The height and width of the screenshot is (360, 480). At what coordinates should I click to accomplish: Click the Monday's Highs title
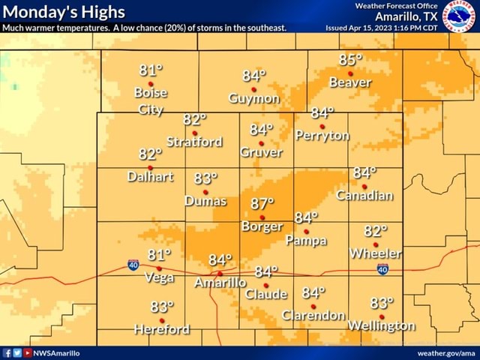point(63,12)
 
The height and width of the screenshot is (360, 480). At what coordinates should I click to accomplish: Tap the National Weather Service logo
point(459,16)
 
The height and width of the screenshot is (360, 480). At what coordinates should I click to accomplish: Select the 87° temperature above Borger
point(262,204)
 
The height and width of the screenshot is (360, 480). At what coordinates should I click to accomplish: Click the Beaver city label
point(350,82)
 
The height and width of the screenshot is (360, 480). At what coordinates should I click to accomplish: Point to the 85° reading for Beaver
point(350,60)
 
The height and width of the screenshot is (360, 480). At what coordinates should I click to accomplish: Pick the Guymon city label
point(254,98)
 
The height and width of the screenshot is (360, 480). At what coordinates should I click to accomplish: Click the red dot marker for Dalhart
point(150,168)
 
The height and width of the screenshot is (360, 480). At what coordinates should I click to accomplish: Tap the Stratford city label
point(194,142)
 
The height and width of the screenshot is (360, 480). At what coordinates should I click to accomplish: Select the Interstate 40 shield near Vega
point(133,264)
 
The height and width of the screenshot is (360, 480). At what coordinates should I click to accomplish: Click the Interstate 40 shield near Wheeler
point(382,269)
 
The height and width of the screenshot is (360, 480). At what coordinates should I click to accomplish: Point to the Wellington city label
point(381,325)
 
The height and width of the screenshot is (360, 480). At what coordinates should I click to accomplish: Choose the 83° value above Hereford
point(162,307)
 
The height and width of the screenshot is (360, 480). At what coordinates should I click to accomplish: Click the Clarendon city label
point(313,315)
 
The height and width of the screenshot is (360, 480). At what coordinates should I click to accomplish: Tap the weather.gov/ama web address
point(445,352)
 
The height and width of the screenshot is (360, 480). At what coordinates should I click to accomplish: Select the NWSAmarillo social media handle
point(57,352)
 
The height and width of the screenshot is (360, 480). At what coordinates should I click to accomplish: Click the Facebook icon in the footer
point(7,352)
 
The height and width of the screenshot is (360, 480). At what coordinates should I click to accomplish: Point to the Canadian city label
point(364,195)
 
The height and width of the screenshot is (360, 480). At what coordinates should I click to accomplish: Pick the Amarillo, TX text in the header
point(406,16)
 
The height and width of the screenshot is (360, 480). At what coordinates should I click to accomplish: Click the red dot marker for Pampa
point(306,232)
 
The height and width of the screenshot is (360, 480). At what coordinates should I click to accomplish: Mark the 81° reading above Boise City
point(151,71)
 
